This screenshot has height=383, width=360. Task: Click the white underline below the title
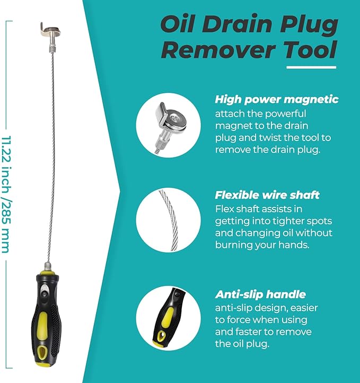point(311,67)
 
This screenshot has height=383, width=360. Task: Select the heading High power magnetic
point(276,99)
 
